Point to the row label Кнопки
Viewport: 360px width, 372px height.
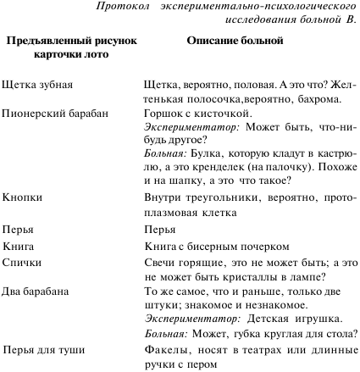pyautogui.click(x=21, y=197)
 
